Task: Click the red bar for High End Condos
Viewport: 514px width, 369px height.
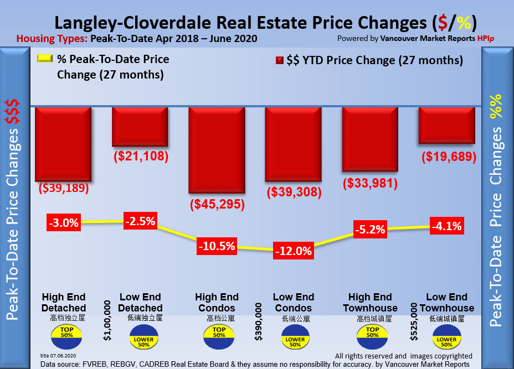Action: (x=217, y=149)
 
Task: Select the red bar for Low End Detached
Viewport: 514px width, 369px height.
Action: (x=140, y=127)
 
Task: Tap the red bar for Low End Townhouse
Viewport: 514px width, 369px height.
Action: (x=446, y=127)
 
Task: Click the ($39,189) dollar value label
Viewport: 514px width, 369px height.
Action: (x=63, y=188)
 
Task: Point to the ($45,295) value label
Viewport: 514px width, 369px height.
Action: (x=217, y=204)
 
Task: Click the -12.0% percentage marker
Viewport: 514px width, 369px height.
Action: (x=294, y=251)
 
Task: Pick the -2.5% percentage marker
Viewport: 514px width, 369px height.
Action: (x=140, y=221)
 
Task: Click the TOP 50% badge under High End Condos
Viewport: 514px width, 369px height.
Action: (x=219, y=332)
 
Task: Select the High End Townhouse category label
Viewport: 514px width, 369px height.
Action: (x=370, y=302)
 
